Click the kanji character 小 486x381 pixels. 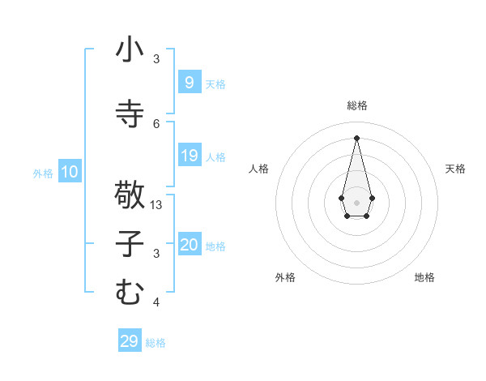[x=130, y=50]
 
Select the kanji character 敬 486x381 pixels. [x=130, y=195]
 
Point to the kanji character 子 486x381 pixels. [x=130, y=244]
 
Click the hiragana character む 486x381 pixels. [x=130, y=292]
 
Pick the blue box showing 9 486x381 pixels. [x=189, y=82]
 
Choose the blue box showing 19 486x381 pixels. [x=189, y=156]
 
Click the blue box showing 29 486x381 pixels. [x=129, y=341]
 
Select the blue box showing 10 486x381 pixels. [x=70, y=172]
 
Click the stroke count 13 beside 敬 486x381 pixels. [x=157, y=205]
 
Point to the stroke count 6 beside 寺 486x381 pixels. [x=156, y=123]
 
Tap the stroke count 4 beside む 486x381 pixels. [x=156, y=302]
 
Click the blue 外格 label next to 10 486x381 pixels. [x=42, y=173]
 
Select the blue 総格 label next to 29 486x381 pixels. [x=156, y=343]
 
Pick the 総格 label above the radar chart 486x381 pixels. [x=356, y=105]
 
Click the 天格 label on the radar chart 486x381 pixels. [x=455, y=169]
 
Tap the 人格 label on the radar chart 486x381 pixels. [x=258, y=169]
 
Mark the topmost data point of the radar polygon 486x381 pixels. [x=356, y=137]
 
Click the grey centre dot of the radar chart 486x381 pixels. [x=356, y=202]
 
